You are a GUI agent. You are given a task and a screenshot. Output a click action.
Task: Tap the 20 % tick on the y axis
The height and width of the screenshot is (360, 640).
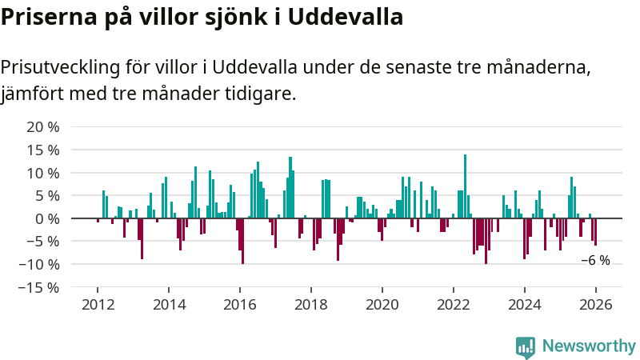[x=43, y=127]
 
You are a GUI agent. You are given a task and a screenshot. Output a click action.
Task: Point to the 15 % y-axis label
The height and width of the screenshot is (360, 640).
[x=43, y=150]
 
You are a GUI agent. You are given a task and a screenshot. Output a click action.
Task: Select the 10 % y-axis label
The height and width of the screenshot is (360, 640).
[x=43, y=173]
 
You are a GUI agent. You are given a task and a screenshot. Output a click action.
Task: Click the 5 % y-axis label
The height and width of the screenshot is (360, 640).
[x=46, y=196]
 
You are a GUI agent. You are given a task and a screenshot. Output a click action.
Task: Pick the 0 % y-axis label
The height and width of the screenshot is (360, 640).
[x=46, y=218]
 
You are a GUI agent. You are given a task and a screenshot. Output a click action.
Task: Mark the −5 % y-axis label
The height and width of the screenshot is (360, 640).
[x=43, y=242]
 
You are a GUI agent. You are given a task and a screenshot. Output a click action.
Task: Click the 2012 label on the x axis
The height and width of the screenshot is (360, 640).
[x=97, y=305]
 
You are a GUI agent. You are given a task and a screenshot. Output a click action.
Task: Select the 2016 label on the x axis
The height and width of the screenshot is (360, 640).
[x=239, y=305]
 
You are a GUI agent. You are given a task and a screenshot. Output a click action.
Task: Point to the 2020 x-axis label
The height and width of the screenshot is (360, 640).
[x=382, y=305]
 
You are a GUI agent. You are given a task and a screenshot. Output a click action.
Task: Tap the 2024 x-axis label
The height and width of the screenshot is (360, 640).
[x=525, y=305]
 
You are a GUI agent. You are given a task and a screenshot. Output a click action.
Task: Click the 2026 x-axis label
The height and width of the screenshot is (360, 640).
[x=596, y=305]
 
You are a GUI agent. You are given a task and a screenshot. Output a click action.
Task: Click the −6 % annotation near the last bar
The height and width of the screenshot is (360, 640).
[x=595, y=260]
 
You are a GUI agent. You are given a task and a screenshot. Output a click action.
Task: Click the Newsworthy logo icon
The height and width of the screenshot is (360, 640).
[x=526, y=346]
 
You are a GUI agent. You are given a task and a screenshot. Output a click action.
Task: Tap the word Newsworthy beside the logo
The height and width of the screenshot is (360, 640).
[x=589, y=346]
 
